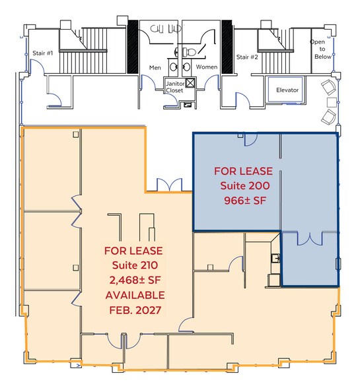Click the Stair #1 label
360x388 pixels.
[42, 53]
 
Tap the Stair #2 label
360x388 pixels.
[247, 57]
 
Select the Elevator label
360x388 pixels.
[287, 90]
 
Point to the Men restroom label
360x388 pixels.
[155, 67]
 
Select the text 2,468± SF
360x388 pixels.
[133, 280]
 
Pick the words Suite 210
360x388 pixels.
[133, 265]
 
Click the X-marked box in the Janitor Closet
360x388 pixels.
[191, 83]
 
